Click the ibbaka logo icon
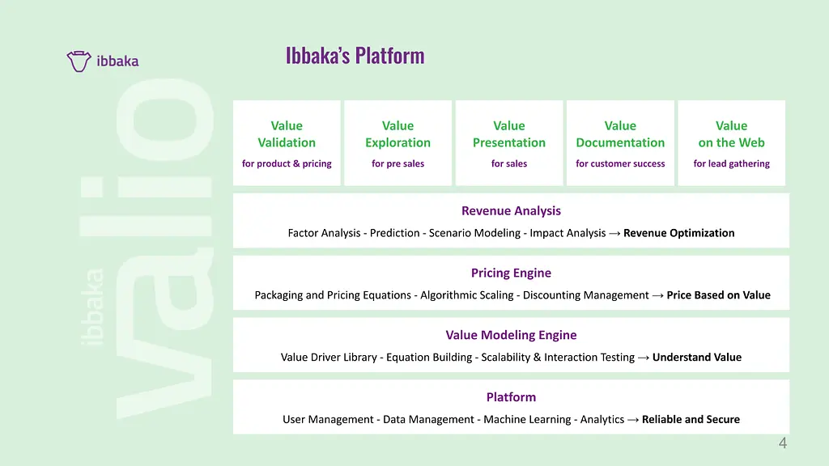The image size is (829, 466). click(79, 61)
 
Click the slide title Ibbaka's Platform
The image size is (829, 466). click(355, 56)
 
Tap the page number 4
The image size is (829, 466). click(783, 443)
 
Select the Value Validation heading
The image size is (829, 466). click(287, 134)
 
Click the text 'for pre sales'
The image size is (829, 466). click(397, 163)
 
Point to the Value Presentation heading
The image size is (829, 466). click(509, 134)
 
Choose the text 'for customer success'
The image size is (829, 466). click(620, 163)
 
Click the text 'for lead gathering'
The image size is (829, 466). click(731, 163)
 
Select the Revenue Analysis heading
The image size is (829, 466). click(512, 211)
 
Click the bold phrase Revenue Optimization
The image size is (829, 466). click(679, 233)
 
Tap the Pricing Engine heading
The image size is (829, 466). click(512, 273)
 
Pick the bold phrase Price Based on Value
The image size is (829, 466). click(719, 294)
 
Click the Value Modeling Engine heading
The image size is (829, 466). click(512, 335)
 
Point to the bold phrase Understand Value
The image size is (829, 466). click(697, 357)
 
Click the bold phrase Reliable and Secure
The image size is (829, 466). click(691, 420)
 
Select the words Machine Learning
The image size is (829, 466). click(527, 420)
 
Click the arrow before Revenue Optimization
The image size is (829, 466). click(614, 234)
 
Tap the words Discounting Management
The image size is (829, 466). click(586, 295)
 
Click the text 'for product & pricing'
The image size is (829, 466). click(287, 163)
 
